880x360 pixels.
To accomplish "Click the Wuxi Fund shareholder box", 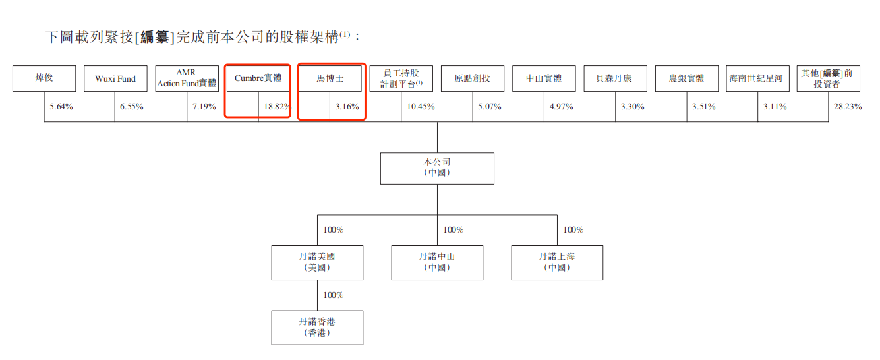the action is coord(115,78).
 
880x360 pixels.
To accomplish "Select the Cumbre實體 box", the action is coord(258,78).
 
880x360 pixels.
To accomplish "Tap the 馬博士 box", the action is coord(330,78).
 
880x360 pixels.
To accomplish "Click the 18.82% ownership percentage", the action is coord(278,107).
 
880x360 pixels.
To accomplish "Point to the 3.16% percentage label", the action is coord(347,107).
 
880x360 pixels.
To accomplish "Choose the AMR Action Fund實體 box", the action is coord(187,78).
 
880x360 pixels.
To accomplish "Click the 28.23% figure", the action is coord(848,107).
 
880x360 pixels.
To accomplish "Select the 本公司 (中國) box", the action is coord(437,169).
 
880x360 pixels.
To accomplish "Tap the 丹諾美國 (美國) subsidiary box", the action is coord(318,263).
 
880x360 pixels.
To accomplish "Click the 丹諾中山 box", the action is coord(437,263).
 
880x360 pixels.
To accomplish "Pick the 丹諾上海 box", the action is coord(557,263).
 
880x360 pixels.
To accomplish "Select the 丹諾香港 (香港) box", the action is coord(318,328).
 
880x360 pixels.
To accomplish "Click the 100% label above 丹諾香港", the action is coord(333,295).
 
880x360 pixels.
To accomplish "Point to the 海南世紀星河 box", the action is coord(758,78).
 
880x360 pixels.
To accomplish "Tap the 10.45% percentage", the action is coord(421,107).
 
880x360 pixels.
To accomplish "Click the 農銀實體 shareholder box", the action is coord(687,78).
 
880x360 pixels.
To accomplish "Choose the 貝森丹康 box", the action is coord(615,78).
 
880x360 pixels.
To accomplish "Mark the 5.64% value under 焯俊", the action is coord(61,107).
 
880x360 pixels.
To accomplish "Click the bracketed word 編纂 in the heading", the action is coord(154,38).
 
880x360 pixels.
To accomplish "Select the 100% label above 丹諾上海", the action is coord(573,230).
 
